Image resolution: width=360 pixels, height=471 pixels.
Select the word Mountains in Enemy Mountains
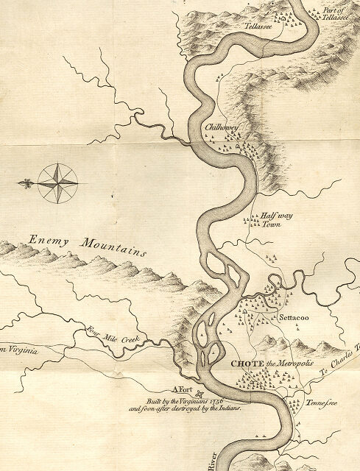click(114, 246)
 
